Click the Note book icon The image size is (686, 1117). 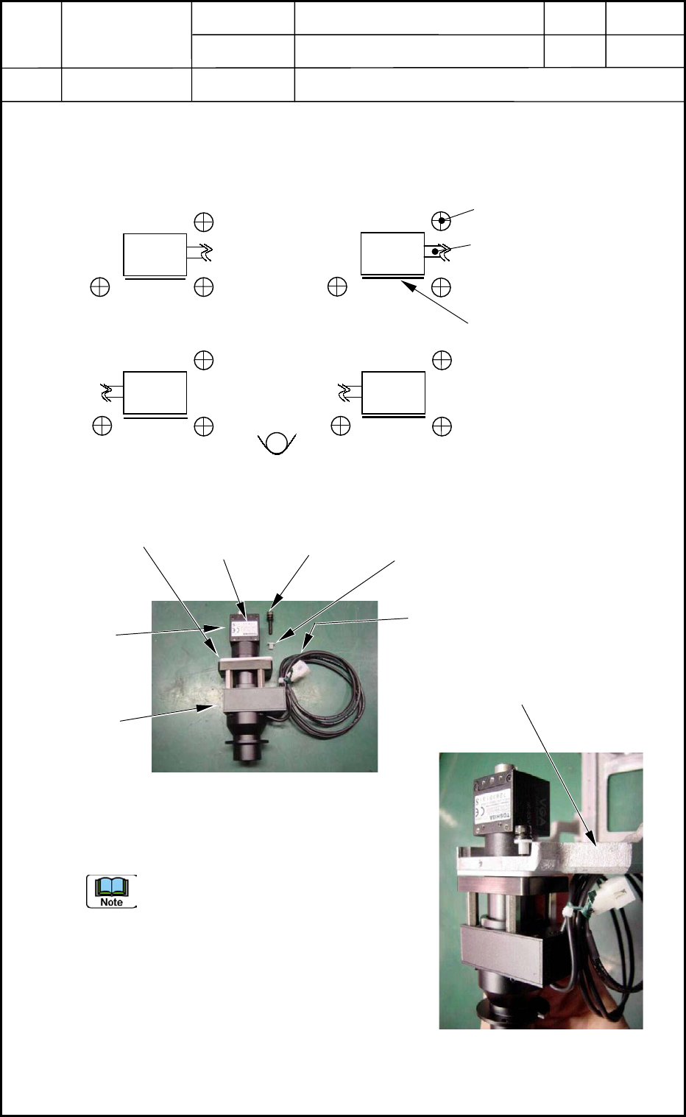point(112,891)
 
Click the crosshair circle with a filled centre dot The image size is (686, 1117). point(441,220)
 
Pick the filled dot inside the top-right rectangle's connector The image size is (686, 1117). point(435,252)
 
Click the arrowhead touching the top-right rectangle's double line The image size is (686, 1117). point(406,283)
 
